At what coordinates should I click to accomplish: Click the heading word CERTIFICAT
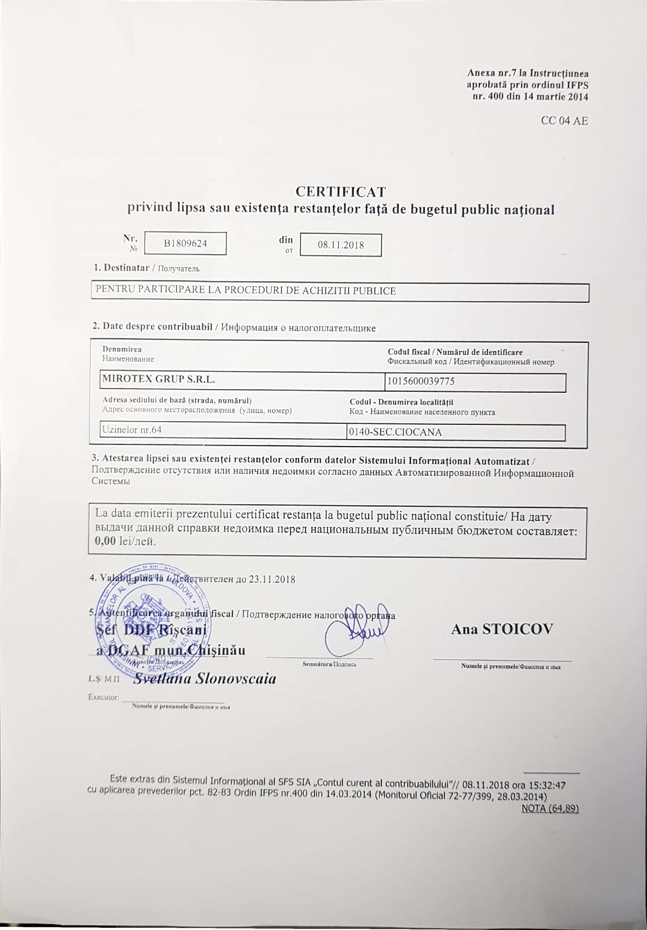(x=341, y=191)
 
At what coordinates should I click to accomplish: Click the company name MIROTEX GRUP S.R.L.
(x=158, y=379)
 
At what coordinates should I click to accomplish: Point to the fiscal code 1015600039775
(x=421, y=381)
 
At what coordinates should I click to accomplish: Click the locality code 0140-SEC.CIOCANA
(x=395, y=432)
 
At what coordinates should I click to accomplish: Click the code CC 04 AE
(x=564, y=121)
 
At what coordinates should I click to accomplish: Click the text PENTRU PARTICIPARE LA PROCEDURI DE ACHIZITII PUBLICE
(x=245, y=290)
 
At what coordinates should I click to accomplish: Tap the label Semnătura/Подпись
(x=329, y=664)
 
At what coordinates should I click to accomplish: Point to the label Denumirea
(x=122, y=349)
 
